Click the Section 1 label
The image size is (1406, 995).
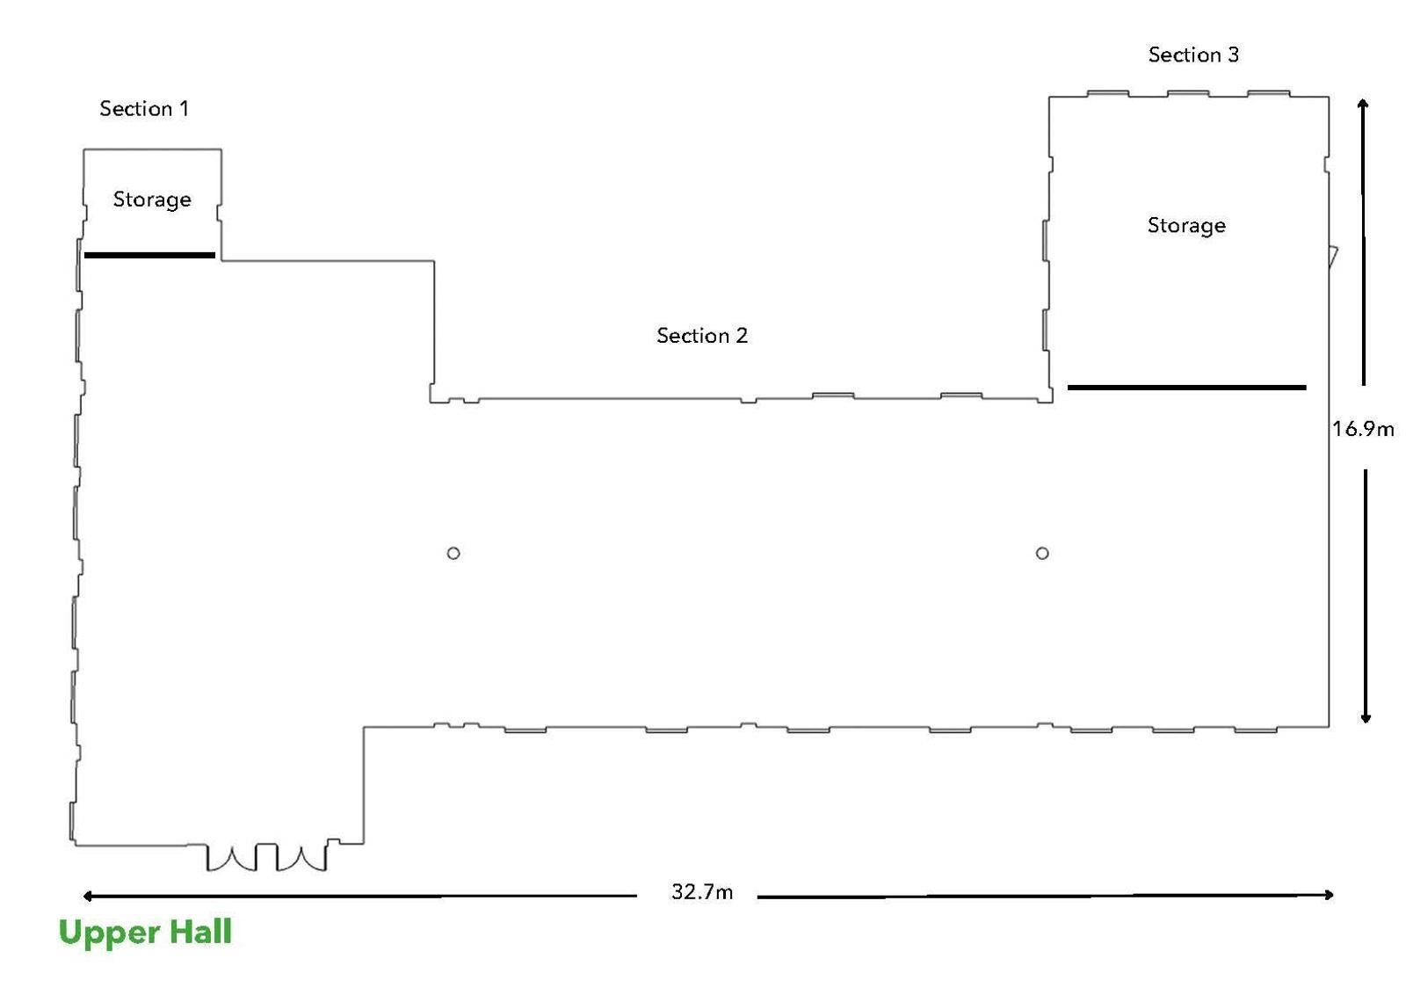[x=144, y=109]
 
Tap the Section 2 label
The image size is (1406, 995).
[x=702, y=336]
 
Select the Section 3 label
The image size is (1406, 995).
[x=1194, y=55]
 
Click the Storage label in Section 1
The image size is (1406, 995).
[x=152, y=200]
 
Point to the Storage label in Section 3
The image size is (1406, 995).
[x=1186, y=226]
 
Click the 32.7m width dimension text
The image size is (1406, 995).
[x=702, y=892]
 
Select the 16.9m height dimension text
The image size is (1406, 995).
[x=1363, y=430]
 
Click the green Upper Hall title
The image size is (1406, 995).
[x=145, y=933]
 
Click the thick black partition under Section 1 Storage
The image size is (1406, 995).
[x=149, y=256]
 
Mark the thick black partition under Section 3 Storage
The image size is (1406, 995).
[x=1187, y=388]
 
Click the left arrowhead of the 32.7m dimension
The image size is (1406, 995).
[x=87, y=897]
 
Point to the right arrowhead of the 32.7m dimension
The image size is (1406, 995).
[x=1329, y=895]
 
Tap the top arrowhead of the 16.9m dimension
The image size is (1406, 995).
[x=1363, y=103]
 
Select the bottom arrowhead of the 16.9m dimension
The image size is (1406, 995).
[x=1366, y=719]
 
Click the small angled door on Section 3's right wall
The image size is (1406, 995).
[x=1332, y=257]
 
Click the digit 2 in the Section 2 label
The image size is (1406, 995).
[x=742, y=336]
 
